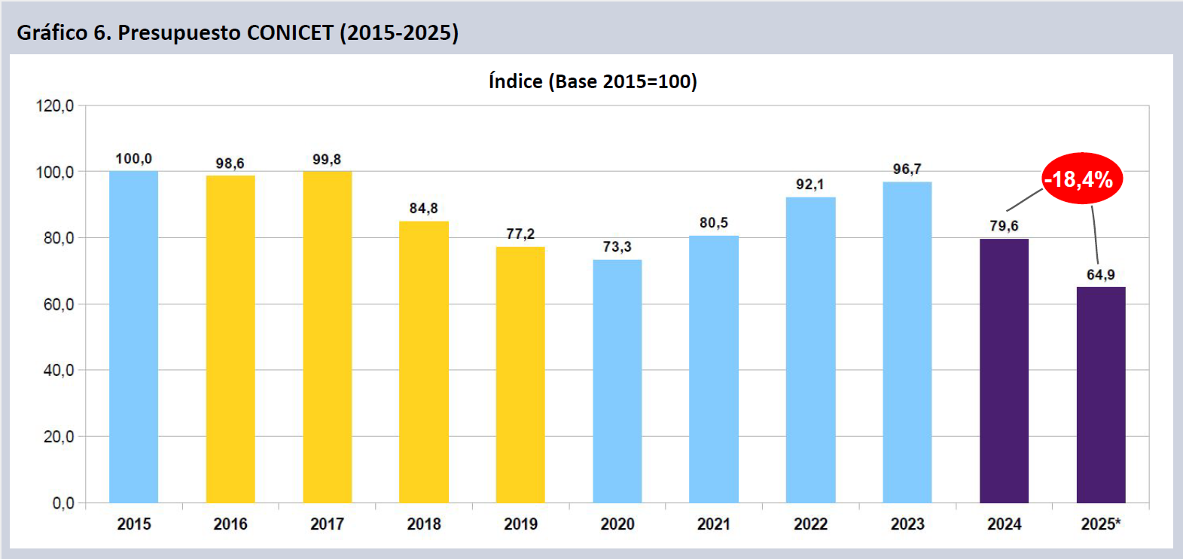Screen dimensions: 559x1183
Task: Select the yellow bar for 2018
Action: click(x=424, y=362)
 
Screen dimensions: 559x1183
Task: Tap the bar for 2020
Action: click(x=617, y=381)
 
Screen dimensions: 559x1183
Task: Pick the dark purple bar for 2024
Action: click(x=1004, y=371)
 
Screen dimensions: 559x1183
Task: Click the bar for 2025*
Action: click(x=1101, y=395)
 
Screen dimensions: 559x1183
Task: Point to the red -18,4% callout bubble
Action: click(x=1081, y=179)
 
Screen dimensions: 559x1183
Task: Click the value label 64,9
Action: click(x=1101, y=275)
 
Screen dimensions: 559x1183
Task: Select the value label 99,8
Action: click(x=327, y=160)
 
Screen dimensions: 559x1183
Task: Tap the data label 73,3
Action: click(x=617, y=247)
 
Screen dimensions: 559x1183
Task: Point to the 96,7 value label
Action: click(x=907, y=170)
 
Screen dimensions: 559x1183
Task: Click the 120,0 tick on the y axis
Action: click(x=55, y=106)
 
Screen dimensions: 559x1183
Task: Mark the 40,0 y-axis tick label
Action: click(x=58, y=371)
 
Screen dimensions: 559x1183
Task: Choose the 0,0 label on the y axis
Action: click(x=63, y=503)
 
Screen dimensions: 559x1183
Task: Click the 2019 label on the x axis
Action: click(x=520, y=524)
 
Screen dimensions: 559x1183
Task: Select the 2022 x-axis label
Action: click(x=810, y=524)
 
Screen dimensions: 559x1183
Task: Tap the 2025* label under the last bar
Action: click(x=1101, y=524)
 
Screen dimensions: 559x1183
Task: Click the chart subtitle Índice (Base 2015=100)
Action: click(x=593, y=81)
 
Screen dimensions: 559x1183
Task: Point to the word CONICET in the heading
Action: click(x=290, y=33)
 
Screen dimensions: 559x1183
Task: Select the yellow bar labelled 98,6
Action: click(x=230, y=339)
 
